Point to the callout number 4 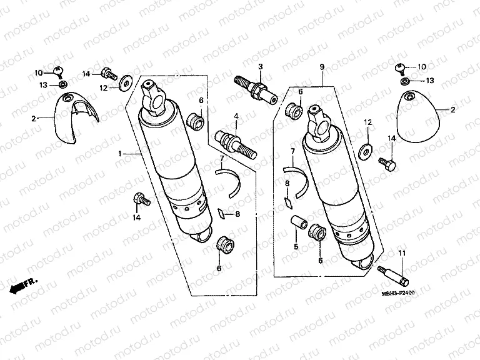click(236, 116)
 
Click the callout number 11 click(401, 252)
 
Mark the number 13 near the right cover click(430, 81)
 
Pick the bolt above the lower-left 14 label click(140, 200)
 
